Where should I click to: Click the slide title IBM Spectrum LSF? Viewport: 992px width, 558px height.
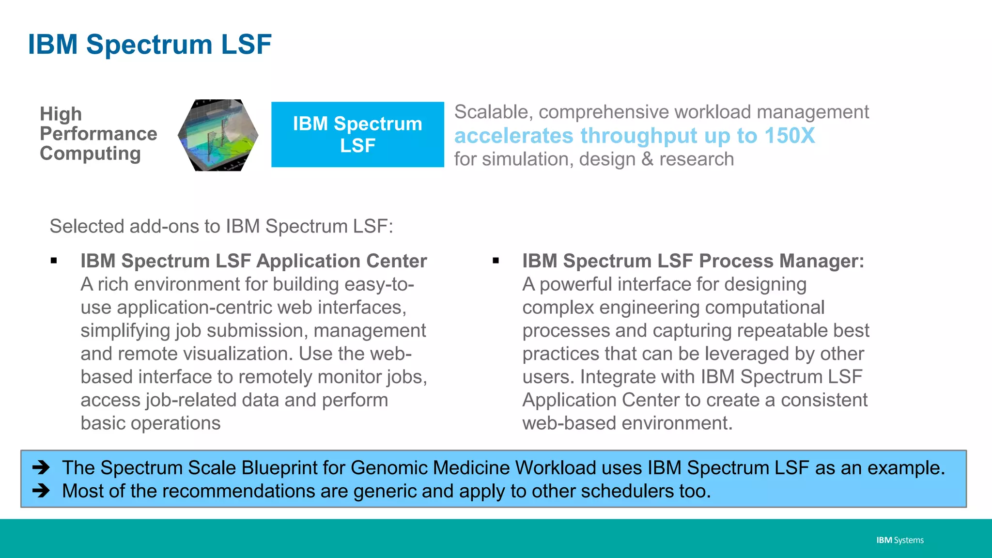tap(150, 45)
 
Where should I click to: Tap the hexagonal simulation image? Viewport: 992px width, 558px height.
tap(218, 135)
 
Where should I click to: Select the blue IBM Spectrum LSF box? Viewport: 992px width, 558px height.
tap(357, 135)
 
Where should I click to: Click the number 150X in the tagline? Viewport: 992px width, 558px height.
tap(790, 136)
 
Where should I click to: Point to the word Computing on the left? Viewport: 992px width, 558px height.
tap(90, 154)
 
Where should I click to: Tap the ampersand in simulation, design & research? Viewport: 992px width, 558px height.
tap(647, 159)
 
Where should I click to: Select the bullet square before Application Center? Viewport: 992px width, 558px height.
tap(54, 261)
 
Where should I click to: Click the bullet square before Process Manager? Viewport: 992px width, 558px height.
tap(496, 261)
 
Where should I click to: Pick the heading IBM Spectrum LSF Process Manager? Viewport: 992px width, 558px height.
tap(693, 261)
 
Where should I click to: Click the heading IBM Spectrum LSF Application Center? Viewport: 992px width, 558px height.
tap(253, 261)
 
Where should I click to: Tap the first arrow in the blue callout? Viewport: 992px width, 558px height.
tap(41, 467)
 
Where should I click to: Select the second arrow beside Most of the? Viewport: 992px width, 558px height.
tap(41, 491)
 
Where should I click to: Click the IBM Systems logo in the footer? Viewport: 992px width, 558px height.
tap(899, 540)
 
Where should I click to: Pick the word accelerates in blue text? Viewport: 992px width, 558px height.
tap(513, 136)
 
